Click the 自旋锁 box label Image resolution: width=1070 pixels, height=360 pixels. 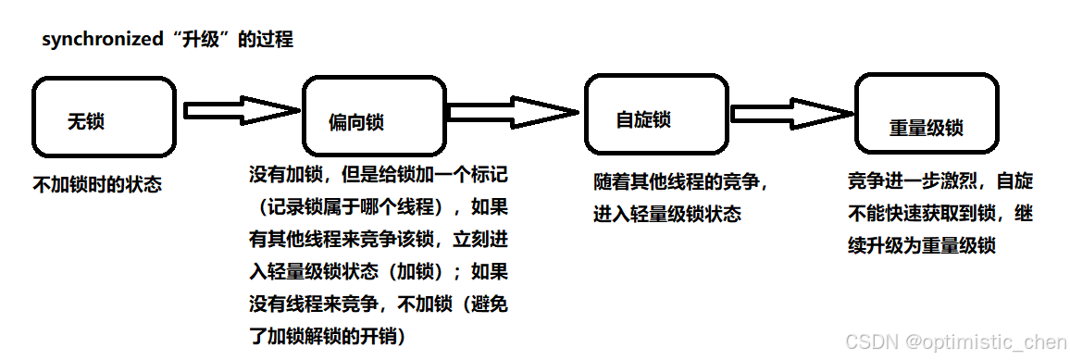(643, 119)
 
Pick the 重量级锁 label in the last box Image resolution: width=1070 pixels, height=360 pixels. (927, 129)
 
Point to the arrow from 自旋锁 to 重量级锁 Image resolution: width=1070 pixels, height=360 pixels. (791, 113)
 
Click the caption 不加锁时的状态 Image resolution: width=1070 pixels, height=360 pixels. (97, 184)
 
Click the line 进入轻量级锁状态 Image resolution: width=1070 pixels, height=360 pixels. (666, 214)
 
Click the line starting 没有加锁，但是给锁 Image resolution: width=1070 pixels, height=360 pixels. (378, 174)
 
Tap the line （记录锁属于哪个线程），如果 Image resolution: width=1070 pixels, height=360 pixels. (378, 205)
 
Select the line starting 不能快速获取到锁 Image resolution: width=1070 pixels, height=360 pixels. (939, 213)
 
